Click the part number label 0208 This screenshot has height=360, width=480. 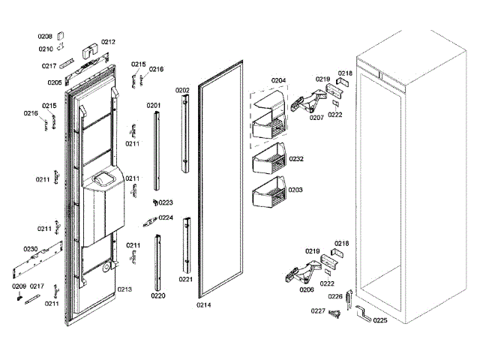click(x=45, y=36)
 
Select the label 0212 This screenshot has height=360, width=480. click(x=108, y=42)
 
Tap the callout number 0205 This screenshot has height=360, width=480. click(x=55, y=82)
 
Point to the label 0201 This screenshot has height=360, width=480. click(x=153, y=106)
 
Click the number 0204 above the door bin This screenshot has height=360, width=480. click(x=278, y=80)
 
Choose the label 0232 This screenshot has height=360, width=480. click(x=296, y=159)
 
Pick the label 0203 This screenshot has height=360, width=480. click(x=295, y=190)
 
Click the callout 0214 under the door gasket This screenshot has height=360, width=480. click(x=204, y=305)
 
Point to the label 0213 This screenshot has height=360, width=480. click(x=124, y=289)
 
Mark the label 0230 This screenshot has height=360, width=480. click(x=30, y=249)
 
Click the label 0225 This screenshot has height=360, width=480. click(x=380, y=320)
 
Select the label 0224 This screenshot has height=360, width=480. click(x=166, y=217)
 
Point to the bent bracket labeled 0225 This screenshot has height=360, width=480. click(x=364, y=314)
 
